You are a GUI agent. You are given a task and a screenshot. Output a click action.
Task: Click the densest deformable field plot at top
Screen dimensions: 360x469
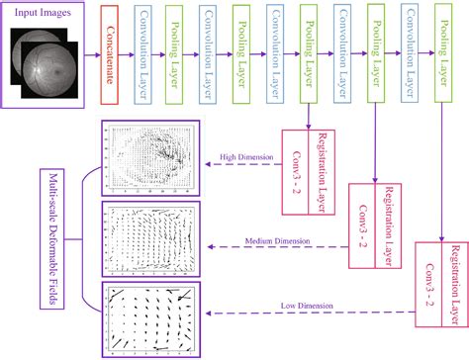tap(147, 159)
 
